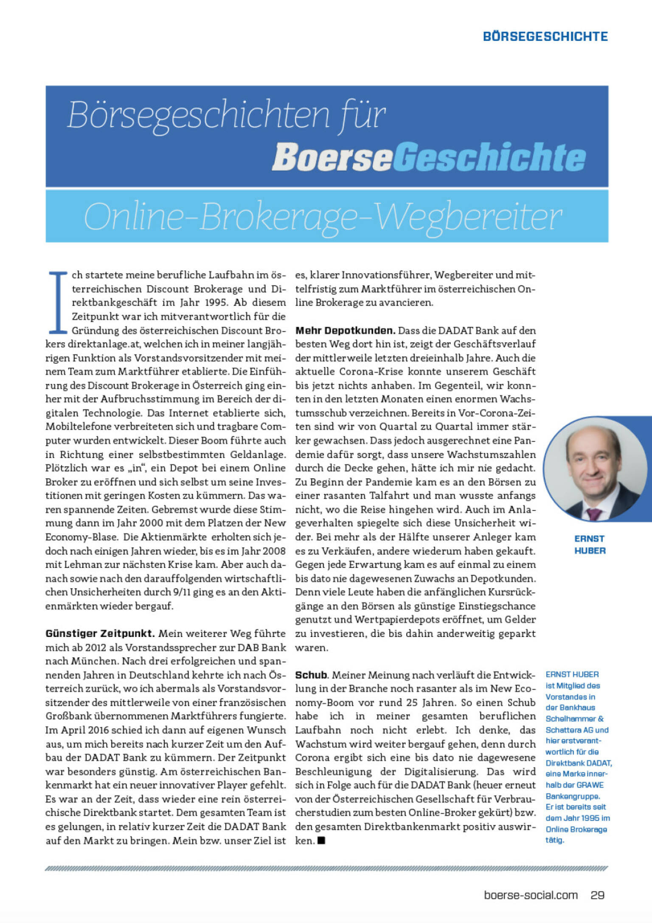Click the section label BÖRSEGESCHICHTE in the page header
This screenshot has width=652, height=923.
tap(545, 36)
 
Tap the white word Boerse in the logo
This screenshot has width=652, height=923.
tap(332, 157)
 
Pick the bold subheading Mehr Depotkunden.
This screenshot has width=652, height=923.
tap(345, 330)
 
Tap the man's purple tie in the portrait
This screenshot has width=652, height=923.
tap(594, 514)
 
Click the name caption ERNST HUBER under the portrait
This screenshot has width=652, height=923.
tap(590, 544)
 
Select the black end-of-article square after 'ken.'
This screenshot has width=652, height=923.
tap(321, 840)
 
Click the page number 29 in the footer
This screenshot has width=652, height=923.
tap(597, 895)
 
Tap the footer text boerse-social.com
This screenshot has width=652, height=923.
tap(531, 895)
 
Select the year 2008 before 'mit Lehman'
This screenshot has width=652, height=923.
tap(274, 551)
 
